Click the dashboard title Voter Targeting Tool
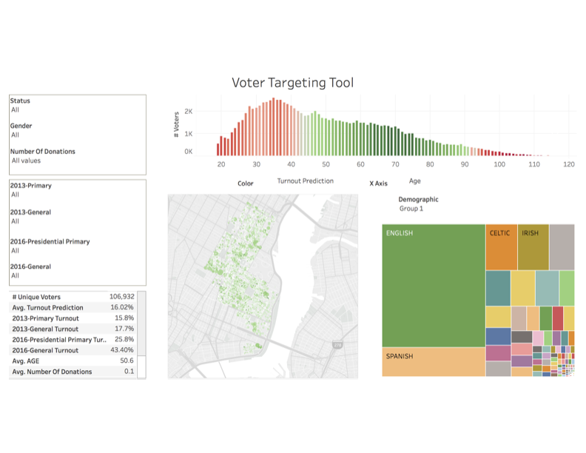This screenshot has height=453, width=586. tap(292, 82)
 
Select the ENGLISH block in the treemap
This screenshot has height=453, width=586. tap(434, 285)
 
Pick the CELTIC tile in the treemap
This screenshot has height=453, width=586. tap(501, 246)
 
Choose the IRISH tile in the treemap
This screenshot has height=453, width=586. tap(533, 246)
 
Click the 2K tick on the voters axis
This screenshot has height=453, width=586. tap(189, 112)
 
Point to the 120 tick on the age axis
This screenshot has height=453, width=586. tap(569, 164)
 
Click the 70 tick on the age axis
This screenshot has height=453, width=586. tap(395, 164)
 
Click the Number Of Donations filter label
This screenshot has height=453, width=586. tap(43, 152)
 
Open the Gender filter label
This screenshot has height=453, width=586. tap(21, 127)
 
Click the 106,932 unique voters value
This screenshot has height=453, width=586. tap(121, 297)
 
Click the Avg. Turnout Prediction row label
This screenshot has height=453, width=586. tap(48, 307)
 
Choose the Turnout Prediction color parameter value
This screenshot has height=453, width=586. tap(305, 181)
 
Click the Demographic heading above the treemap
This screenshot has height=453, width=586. tap(418, 200)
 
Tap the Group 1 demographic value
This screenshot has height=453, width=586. tap(411, 209)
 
